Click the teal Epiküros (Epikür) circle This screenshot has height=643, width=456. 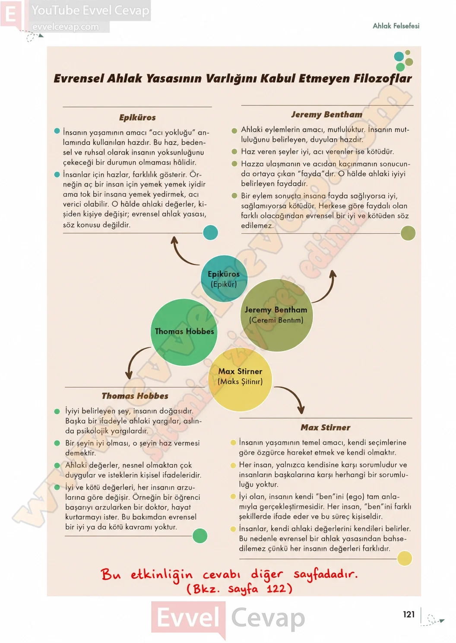pos(224,278)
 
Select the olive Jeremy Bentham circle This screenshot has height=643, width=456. pos(276,315)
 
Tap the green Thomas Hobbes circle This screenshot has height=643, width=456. pos(184,332)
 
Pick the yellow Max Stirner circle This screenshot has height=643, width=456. pos(240,379)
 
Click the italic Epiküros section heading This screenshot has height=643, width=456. pos(137,118)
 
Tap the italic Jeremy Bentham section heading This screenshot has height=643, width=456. pos(327,114)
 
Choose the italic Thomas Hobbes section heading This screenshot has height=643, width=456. pos(135,396)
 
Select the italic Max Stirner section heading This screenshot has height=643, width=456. pos(325,427)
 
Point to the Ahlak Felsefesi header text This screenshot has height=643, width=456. pos(396,26)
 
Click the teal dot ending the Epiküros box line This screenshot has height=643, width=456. pos(210,233)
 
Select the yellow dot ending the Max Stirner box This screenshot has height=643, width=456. pos(405,558)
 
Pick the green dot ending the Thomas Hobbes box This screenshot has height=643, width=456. pos(200,536)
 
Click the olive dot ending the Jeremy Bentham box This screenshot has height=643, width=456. pos(408,233)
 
